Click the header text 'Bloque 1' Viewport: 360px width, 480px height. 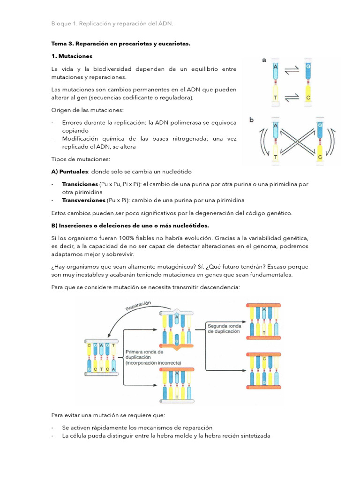tap(63, 23)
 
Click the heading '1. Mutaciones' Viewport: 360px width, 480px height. tap(72, 56)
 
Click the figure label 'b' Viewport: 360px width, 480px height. tap(251, 120)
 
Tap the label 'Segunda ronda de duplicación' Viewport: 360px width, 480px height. tap(225, 328)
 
